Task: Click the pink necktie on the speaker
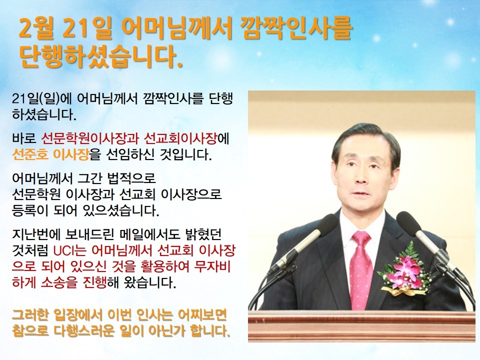point(361,269)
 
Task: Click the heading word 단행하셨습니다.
point(101,57)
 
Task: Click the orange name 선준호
point(30,154)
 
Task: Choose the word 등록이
point(29,210)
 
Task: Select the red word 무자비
point(212,266)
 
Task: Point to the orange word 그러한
point(29,315)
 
